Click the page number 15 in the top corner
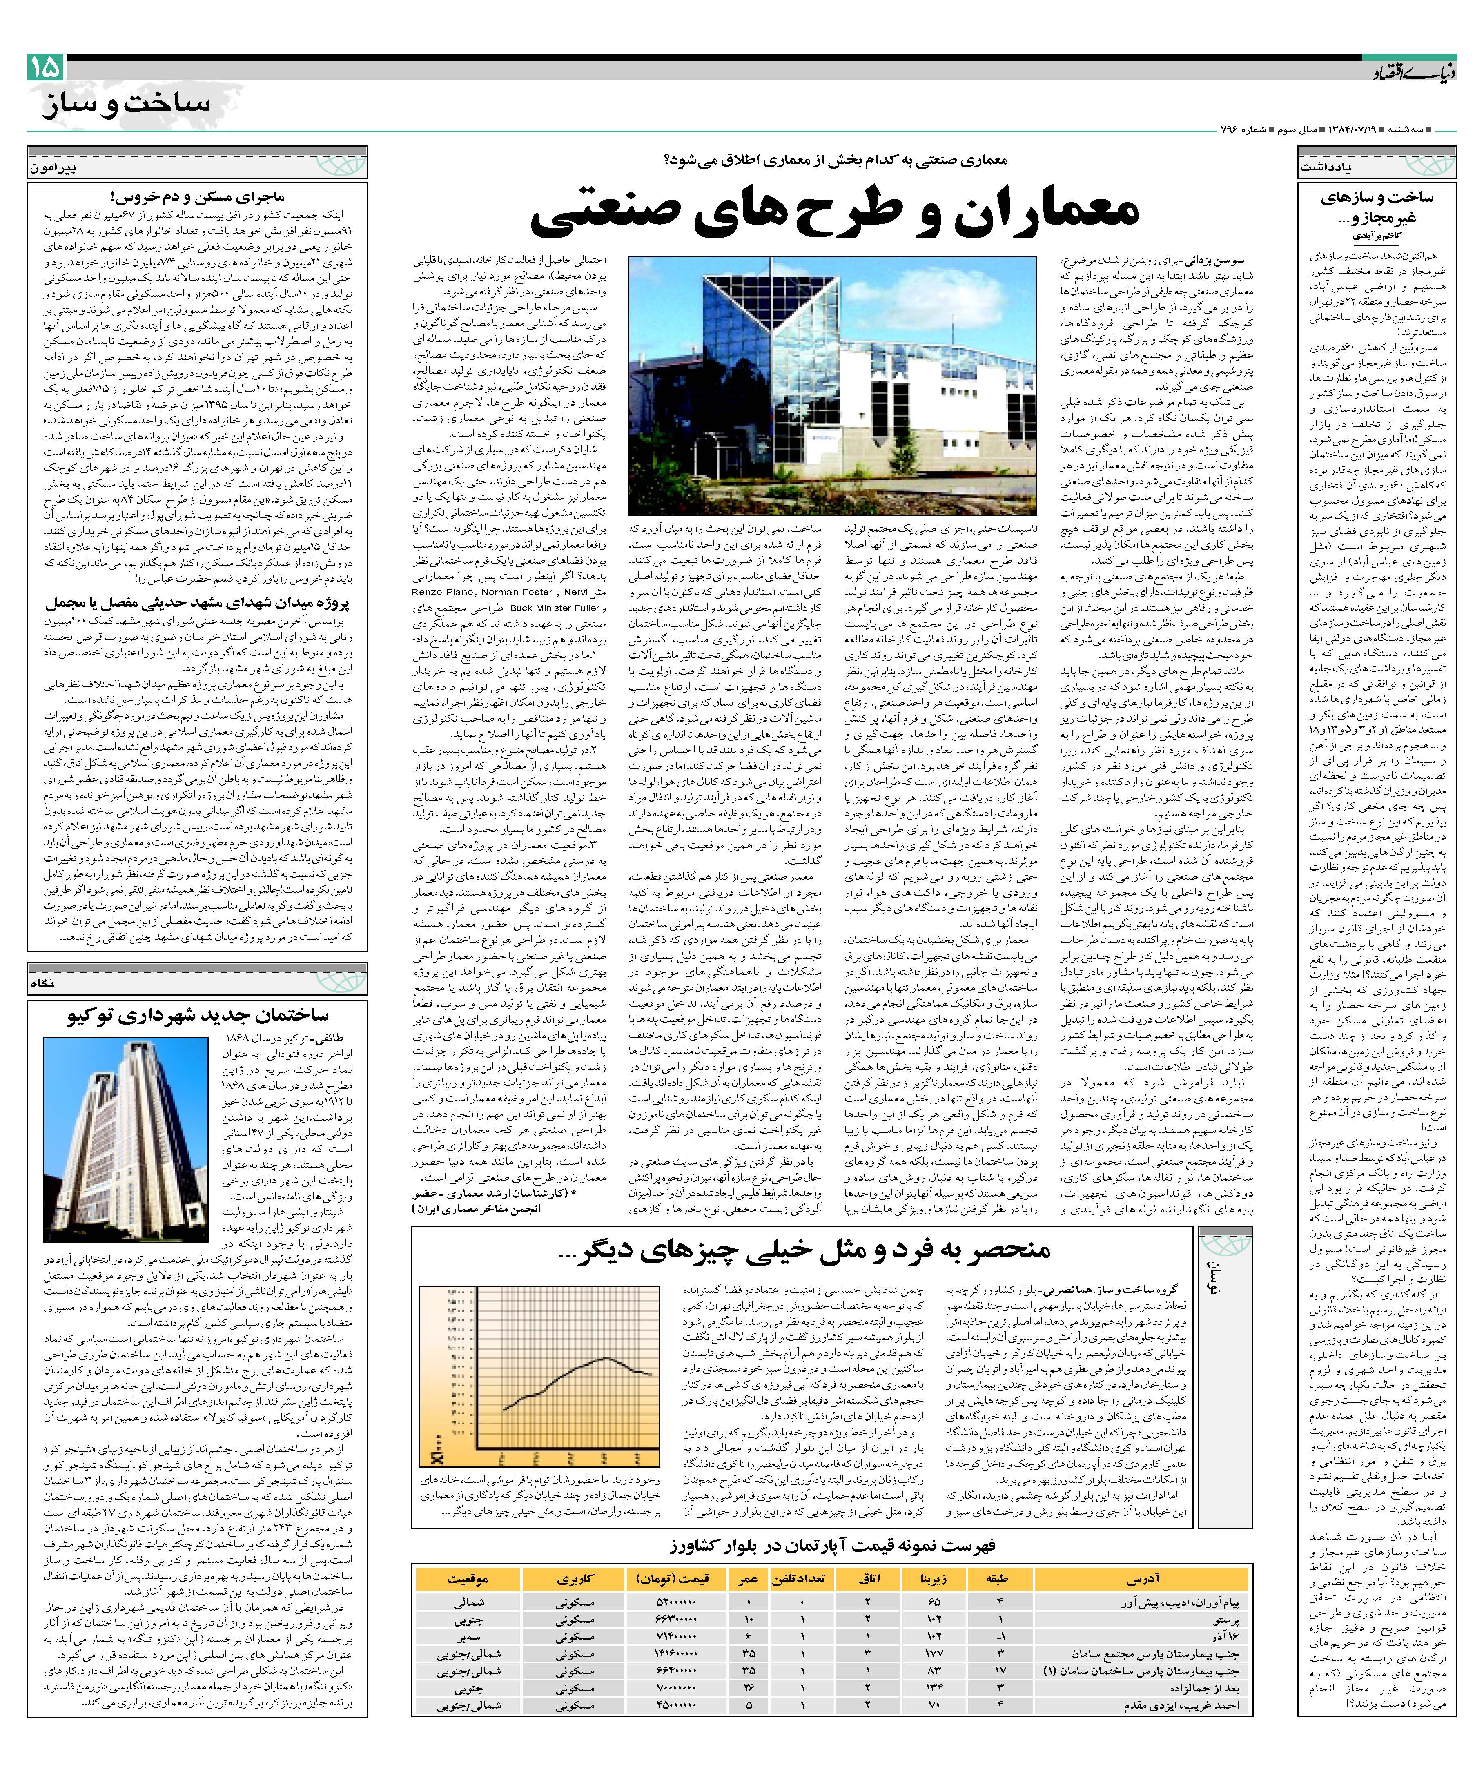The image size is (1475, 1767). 44,67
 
